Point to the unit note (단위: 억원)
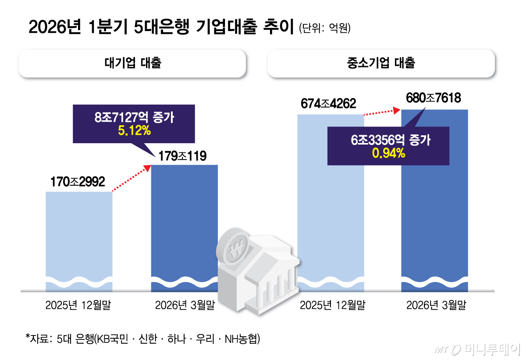[325, 28]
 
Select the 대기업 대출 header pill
[132, 64]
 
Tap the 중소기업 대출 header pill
[381, 64]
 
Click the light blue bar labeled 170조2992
[79, 236]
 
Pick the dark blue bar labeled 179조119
[184, 219]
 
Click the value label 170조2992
[78, 182]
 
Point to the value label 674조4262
[328, 104]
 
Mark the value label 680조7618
[434, 98]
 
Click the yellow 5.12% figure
[134, 131]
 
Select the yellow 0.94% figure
[388, 153]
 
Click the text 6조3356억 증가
[388, 141]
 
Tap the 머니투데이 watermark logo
[476, 349]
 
